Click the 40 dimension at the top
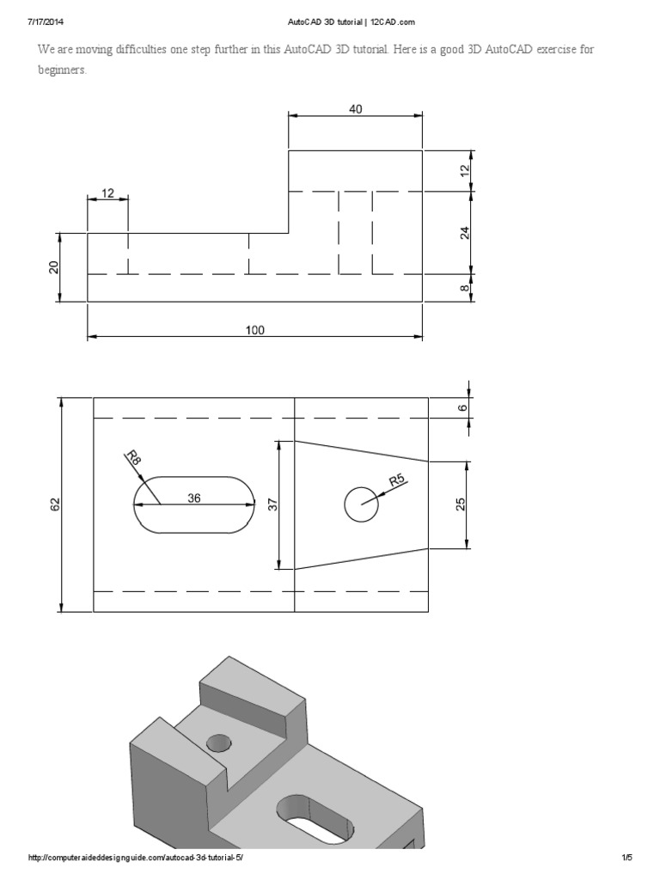pyautogui.click(x=355, y=108)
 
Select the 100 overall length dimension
pyautogui.click(x=255, y=329)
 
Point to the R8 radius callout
pyautogui.click(x=134, y=458)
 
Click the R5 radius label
pyautogui.click(x=397, y=480)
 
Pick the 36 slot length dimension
pyautogui.click(x=194, y=497)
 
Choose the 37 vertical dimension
pyautogui.click(x=274, y=505)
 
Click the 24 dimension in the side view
pyautogui.click(x=465, y=232)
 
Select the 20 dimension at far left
pyautogui.click(x=53, y=267)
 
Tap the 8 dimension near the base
pyautogui.click(x=465, y=289)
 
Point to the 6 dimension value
pyautogui.click(x=462, y=407)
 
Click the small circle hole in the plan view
pyautogui.click(x=362, y=504)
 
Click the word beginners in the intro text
pyautogui.click(x=62, y=70)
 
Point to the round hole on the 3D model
pyautogui.click(x=219, y=742)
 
